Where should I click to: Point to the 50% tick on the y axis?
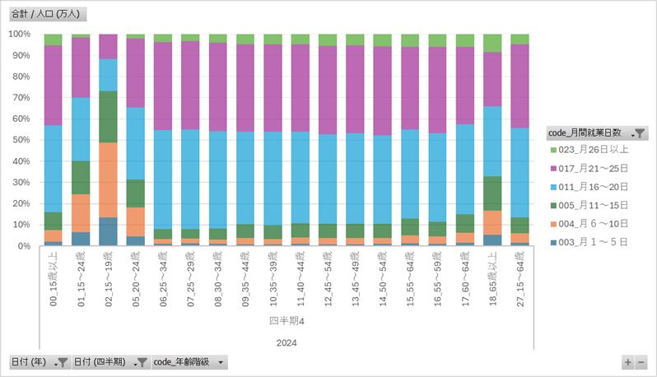coord(20,140)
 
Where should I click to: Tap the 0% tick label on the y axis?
coord(22,246)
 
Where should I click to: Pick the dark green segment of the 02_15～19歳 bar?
coord(108,117)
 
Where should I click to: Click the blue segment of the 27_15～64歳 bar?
coord(520,173)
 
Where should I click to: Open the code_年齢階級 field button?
coord(189,362)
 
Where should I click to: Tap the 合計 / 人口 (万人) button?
coord(47,14)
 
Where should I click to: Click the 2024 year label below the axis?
coord(287,342)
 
